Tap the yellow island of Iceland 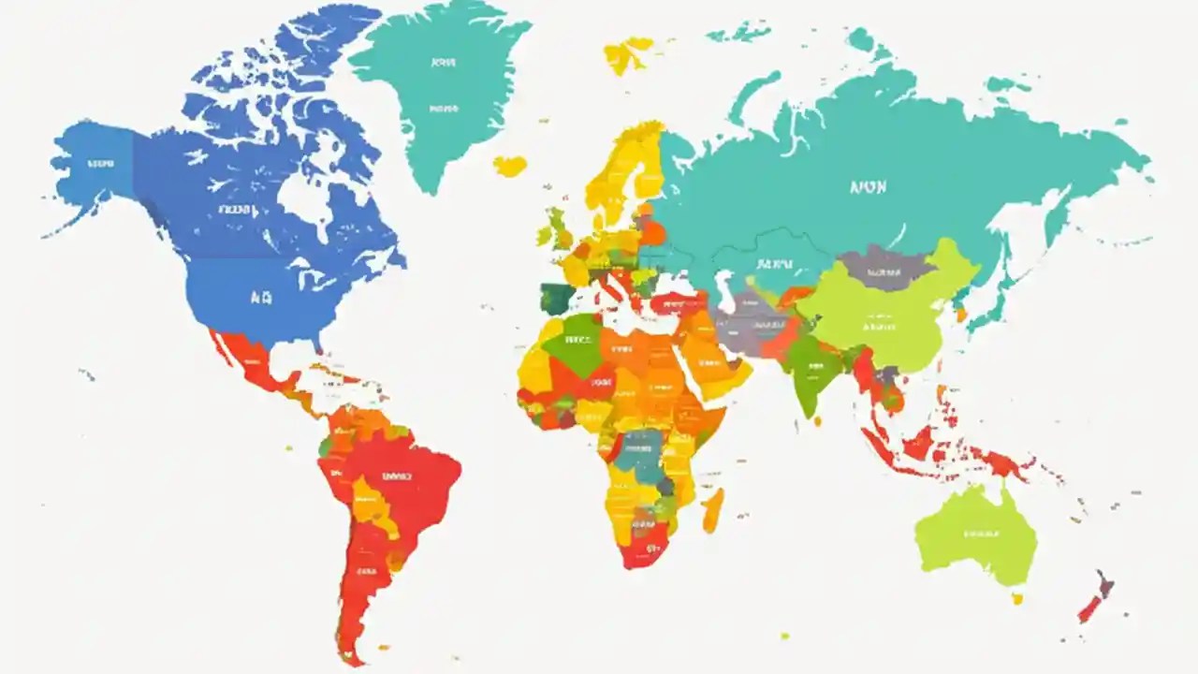pos(510,166)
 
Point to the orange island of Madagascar pos(712,509)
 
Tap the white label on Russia pos(868,187)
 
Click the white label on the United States pos(259,299)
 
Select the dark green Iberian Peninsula pos(558,299)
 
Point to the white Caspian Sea pos(723,286)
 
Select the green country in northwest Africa pos(574,344)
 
